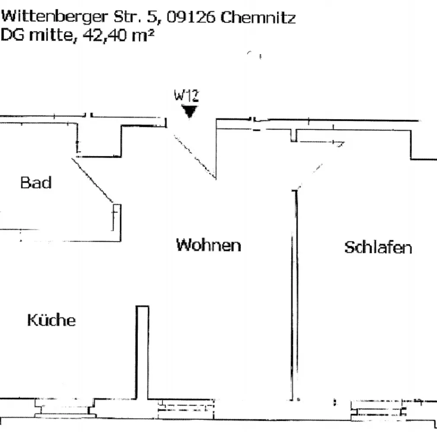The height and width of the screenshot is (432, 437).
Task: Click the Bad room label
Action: [x=36, y=183]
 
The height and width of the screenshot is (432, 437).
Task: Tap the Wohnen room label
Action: [x=208, y=245]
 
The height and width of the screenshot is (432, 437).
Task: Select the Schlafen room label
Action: [x=378, y=247]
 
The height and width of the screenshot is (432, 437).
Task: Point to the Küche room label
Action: [x=51, y=320]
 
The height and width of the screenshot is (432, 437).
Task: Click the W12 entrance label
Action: [x=186, y=95]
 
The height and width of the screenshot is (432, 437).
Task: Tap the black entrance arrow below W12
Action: [x=189, y=111]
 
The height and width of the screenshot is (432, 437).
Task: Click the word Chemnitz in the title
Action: [x=258, y=17]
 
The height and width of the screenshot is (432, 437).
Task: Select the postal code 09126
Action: [x=191, y=17]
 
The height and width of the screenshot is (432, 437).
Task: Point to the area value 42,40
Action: [x=104, y=35]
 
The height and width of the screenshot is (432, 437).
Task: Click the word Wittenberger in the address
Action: [x=54, y=17]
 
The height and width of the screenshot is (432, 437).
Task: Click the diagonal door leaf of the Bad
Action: [x=93, y=181]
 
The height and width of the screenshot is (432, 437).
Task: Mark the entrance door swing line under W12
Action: [x=195, y=156]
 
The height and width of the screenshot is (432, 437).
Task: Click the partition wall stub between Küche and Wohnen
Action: [x=142, y=353]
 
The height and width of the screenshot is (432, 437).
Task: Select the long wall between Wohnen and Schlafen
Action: [x=295, y=295]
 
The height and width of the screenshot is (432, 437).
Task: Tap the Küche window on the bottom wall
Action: [x=65, y=408]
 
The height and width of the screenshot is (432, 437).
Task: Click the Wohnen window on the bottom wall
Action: [x=186, y=409]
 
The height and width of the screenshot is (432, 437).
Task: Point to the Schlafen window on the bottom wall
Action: [x=379, y=410]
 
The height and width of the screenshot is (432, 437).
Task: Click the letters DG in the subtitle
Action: [x=13, y=35]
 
